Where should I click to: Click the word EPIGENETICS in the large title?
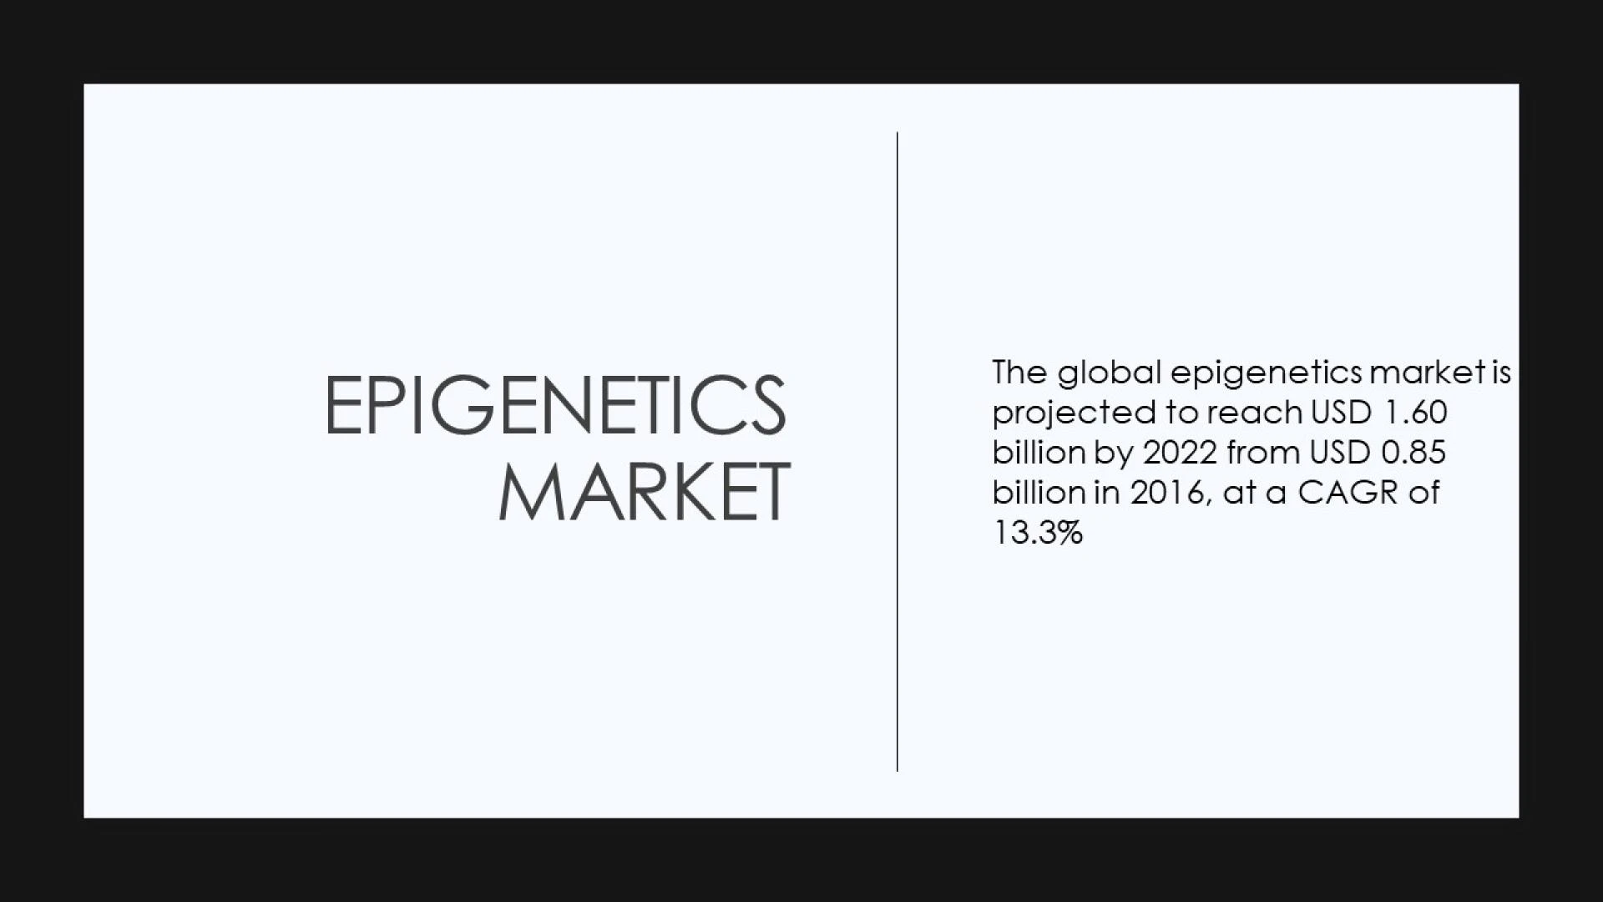(555, 405)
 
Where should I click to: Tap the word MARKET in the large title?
(644, 491)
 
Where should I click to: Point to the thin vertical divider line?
(898, 451)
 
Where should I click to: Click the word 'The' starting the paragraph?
(1019, 372)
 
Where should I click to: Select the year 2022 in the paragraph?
(1180, 453)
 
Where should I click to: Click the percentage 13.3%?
(1038, 533)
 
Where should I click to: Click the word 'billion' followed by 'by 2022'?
(1039, 452)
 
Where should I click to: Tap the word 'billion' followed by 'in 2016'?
(1039, 492)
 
